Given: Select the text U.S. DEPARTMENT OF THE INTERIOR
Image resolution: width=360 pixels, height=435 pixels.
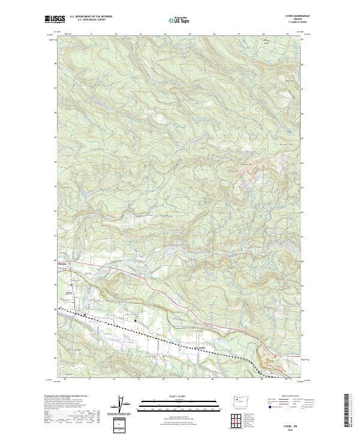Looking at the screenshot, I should coord(89,17).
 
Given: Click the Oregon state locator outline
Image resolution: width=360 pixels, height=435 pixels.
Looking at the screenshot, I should coord(242,400).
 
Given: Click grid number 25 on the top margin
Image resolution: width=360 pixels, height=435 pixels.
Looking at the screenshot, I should coord(189,34).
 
